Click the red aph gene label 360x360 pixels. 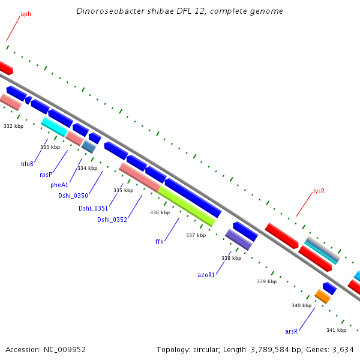pos(26,14)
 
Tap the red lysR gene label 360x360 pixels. pos(319,191)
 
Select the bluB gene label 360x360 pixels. pos(27,163)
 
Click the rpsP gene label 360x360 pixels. pos(46,175)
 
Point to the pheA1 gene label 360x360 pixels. pos(59,185)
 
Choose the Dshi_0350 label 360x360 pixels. pos(73,196)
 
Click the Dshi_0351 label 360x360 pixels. pos(93,208)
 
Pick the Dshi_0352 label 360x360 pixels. pos(112,220)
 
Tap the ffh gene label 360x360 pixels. pos(159,242)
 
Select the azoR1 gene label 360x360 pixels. pos(206,274)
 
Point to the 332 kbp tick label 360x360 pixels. pos(13,126)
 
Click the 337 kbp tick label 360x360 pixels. pos(196,235)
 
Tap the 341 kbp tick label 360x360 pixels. pos(336,330)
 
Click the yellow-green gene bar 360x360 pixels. pos(187,206)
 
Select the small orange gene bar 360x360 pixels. pos(323,296)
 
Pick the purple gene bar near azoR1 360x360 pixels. pos(238,239)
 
